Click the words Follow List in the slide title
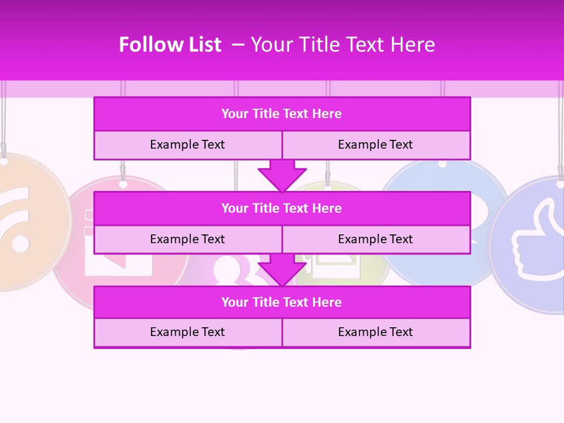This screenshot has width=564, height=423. coord(170,45)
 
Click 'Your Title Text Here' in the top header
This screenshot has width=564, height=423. coord(343,45)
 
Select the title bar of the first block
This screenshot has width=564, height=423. coord(281,114)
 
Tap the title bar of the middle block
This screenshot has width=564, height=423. coord(281,208)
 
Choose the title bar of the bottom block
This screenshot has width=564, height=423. coord(281,302)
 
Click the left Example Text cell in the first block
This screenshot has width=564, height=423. coord(187,145)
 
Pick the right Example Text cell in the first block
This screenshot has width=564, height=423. coord(375,145)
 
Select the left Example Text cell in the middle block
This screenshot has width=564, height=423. coord(187,239)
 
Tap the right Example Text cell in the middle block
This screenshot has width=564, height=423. coord(375,239)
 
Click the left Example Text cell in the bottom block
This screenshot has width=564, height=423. coord(187,332)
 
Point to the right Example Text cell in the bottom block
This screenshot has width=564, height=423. coord(375,332)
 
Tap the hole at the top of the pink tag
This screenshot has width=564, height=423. coord(123,184)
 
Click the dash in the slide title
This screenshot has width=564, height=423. coord(238,45)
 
